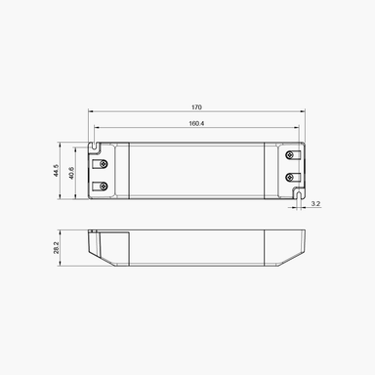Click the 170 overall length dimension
pyautogui.click(x=197, y=106)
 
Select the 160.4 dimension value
pyautogui.click(x=197, y=123)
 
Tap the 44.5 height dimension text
pyautogui.click(x=58, y=171)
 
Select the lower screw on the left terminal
pyautogui.click(x=99, y=185)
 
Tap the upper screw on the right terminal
pyautogui.click(x=290, y=155)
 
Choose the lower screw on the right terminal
pyautogui.click(x=290, y=177)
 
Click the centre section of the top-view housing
pyautogui.click(x=195, y=171)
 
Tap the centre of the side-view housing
pyautogui.click(x=195, y=248)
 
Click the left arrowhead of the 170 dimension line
pyautogui.click(x=92, y=113)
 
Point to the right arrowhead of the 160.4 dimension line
pyautogui.click(x=297, y=129)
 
